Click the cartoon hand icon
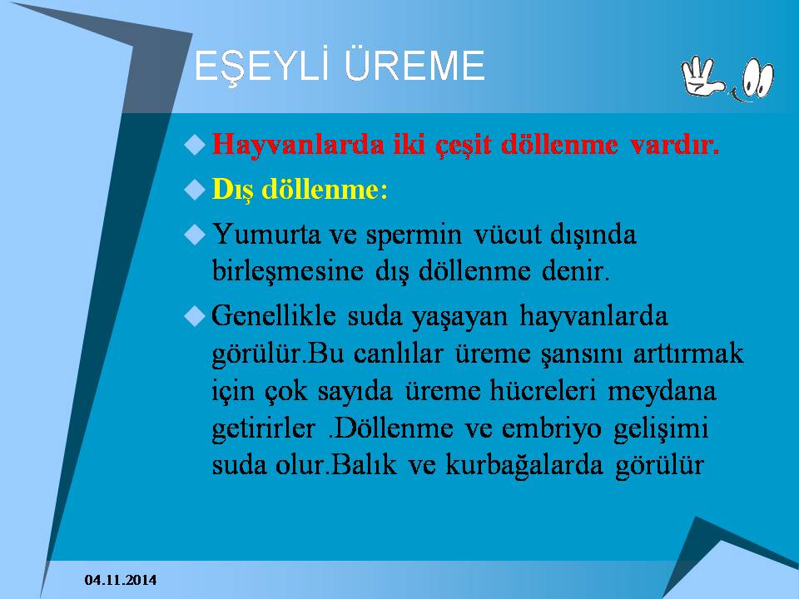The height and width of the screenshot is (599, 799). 702,76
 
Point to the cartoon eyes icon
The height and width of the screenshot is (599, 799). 757,79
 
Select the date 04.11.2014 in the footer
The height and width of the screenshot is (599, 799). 121,580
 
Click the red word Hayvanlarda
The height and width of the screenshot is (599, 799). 298,144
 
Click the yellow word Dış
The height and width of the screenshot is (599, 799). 232,191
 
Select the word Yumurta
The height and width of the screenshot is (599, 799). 266,235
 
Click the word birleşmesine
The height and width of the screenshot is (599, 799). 288,271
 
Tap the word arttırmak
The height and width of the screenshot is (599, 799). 688,353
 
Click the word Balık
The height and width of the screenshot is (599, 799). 364,464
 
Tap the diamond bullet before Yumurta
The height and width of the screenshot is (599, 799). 194,235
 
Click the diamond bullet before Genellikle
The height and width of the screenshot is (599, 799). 194,316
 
